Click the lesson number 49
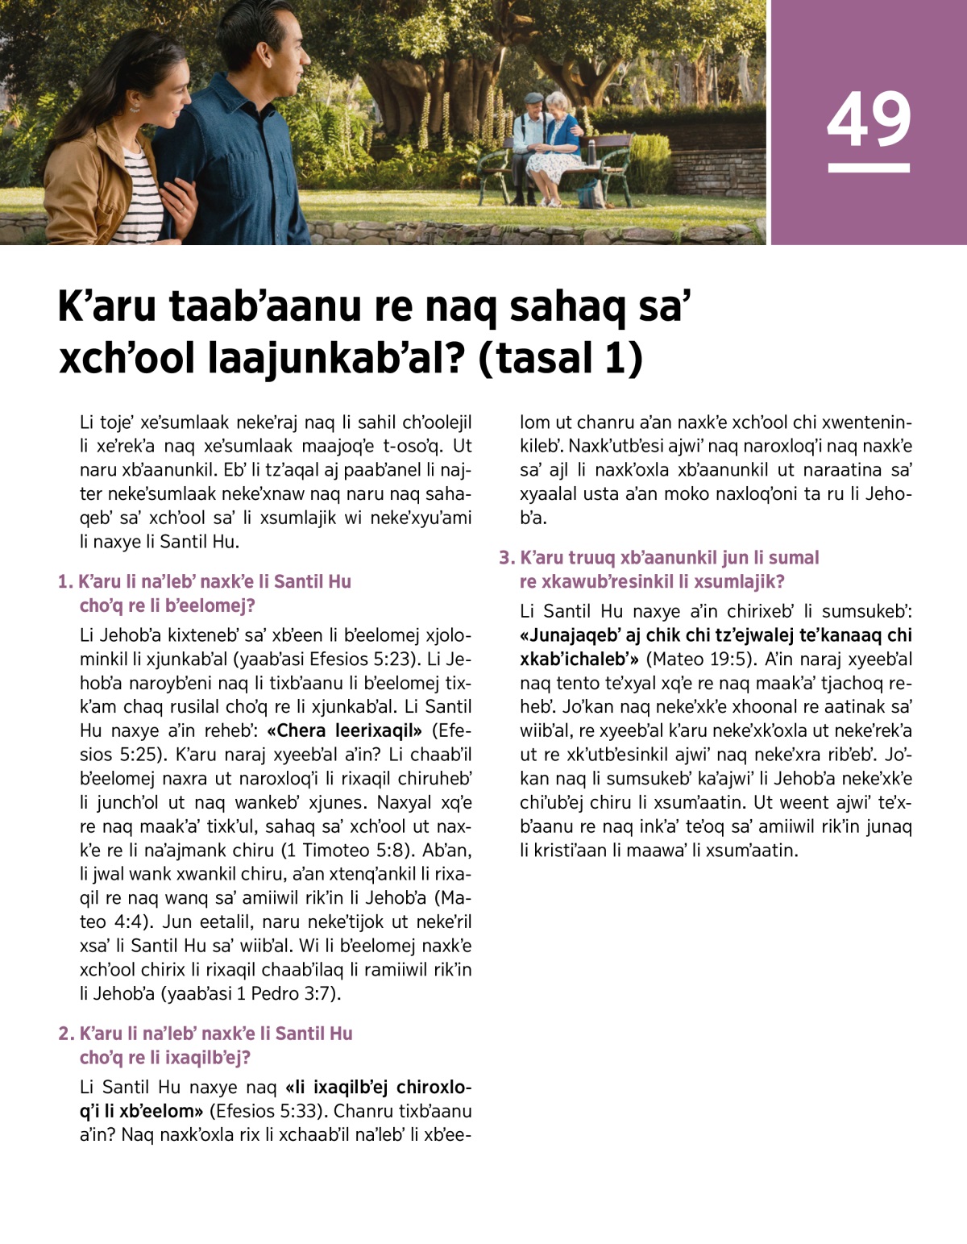(x=869, y=119)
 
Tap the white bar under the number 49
(x=869, y=168)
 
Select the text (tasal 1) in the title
(x=561, y=358)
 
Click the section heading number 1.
(x=64, y=582)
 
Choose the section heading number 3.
(x=506, y=558)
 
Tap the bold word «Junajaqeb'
(x=568, y=635)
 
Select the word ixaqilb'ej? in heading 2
(x=208, y=1058)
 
